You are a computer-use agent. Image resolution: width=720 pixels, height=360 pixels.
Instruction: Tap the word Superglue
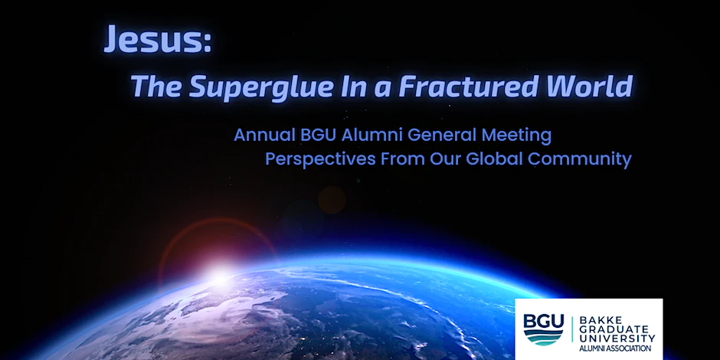coord(260,86)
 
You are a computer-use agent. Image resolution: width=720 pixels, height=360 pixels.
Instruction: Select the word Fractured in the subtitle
coord(468,86)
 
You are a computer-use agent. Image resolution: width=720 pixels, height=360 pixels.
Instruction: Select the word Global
coord(495,159)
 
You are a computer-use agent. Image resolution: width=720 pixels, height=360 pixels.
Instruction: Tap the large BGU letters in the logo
coord(543,322)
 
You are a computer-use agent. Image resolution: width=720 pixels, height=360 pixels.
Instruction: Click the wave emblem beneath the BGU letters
coord(543,338)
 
